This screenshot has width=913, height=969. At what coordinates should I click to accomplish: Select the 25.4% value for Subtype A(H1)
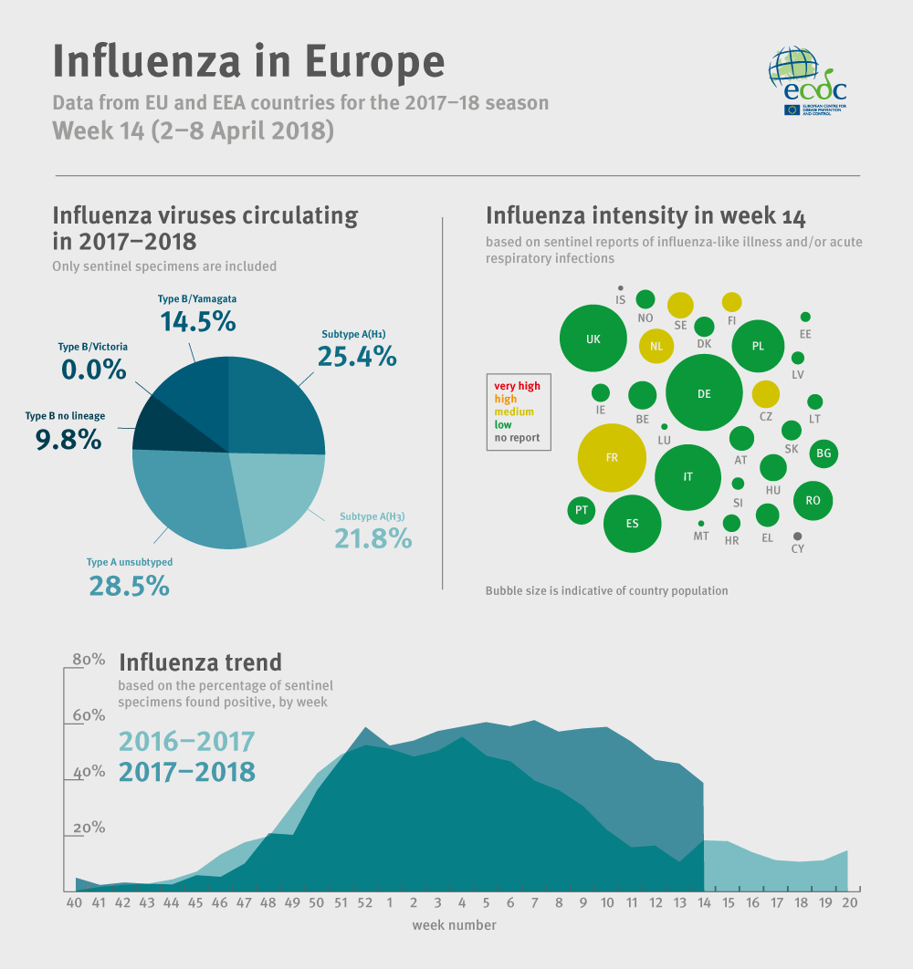click(x=357, y=355)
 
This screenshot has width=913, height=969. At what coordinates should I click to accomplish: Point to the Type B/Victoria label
click(x=93, y=347)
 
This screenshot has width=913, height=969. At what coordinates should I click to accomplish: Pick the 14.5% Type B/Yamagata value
click(x=198, y=321)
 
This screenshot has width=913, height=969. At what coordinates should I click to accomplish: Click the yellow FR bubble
click(x=612, y=457)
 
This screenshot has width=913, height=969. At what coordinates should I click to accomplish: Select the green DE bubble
click(x=703, y=393)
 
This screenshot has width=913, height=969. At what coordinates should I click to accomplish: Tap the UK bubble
click(x=593, y=339)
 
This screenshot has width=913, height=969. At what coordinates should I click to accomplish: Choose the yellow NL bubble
click(x=656, y=346)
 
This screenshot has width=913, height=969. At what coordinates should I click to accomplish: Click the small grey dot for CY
click(x=798, y=537)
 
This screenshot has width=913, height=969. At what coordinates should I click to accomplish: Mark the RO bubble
click(x=813, y=500)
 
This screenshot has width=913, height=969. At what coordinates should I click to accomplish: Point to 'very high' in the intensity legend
click(x=517, y=386)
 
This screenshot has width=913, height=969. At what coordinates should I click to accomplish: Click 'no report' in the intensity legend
click(x=517, y=437)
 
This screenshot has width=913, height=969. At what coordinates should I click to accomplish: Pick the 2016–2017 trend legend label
click(x=187, y=741)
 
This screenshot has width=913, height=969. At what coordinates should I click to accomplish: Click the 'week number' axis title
click(x=454, y=925)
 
